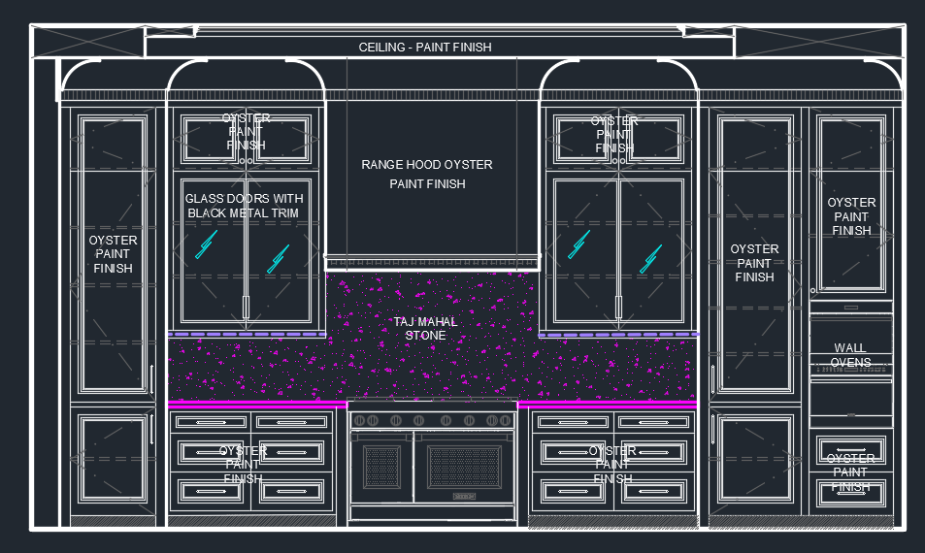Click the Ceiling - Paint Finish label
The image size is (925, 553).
point(425,48)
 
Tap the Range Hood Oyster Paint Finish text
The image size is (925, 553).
point(427,174)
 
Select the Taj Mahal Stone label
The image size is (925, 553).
point(425,328)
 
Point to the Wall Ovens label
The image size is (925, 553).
point(850,355)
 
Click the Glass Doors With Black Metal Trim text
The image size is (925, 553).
point(244,206)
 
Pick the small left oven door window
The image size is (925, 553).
point(381,467)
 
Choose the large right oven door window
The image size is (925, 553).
point(464,467)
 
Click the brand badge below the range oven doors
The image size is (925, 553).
point(464,497)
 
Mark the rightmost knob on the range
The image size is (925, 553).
point(506,420)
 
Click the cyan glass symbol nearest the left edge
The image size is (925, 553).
point(207,244)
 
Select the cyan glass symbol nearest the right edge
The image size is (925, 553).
point(650,259)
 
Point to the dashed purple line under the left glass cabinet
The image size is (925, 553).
point(248,335)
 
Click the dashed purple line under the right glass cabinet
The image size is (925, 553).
point(618,335)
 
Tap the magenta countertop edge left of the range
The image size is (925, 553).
point(257,405)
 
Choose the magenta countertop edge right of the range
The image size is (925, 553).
point(608,405)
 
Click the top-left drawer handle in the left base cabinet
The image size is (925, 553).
point(212,422)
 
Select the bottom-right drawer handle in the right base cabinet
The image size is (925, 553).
point(653,491)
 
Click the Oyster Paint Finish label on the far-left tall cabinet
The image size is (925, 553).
point(113,254)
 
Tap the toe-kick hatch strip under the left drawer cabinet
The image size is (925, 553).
point(252,521)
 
